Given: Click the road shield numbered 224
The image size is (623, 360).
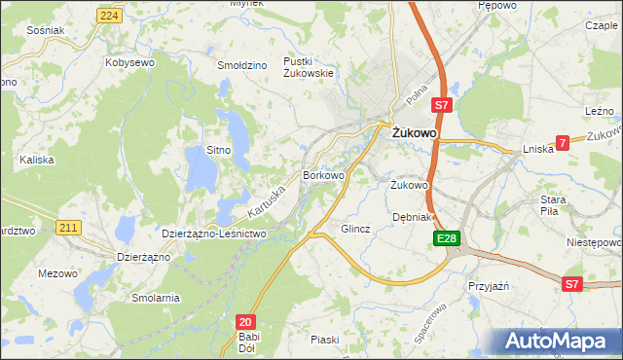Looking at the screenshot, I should (x=110, y=17).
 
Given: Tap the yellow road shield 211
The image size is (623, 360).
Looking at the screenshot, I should (x=67, y=228).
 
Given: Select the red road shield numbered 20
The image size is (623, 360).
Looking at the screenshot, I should (x=246, y=321).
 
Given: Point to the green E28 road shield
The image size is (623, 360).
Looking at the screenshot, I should (x=445, y=238).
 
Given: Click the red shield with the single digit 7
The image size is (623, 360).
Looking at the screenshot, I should (x=562, y=144).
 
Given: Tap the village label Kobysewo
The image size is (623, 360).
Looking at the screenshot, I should (x=130, y=62).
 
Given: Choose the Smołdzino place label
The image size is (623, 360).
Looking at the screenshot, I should (x=242, y=65).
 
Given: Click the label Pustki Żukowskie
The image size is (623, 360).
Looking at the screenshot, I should (x=309, y=67).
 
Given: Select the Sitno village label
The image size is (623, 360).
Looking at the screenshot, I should (x=218, y=150).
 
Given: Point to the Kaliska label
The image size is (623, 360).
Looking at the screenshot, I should (x=36, y=159).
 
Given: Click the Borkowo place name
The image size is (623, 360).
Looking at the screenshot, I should (x=324, y=176).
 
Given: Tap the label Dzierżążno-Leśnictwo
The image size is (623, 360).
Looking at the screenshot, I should (x=213, y=234).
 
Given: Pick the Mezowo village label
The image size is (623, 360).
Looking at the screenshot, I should (x=57, y=273).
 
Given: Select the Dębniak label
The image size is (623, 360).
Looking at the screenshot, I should (x=411, y=217).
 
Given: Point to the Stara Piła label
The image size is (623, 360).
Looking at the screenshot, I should (x=554, y=205).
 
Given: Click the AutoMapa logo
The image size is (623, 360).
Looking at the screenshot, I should (x=555, y=341).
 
